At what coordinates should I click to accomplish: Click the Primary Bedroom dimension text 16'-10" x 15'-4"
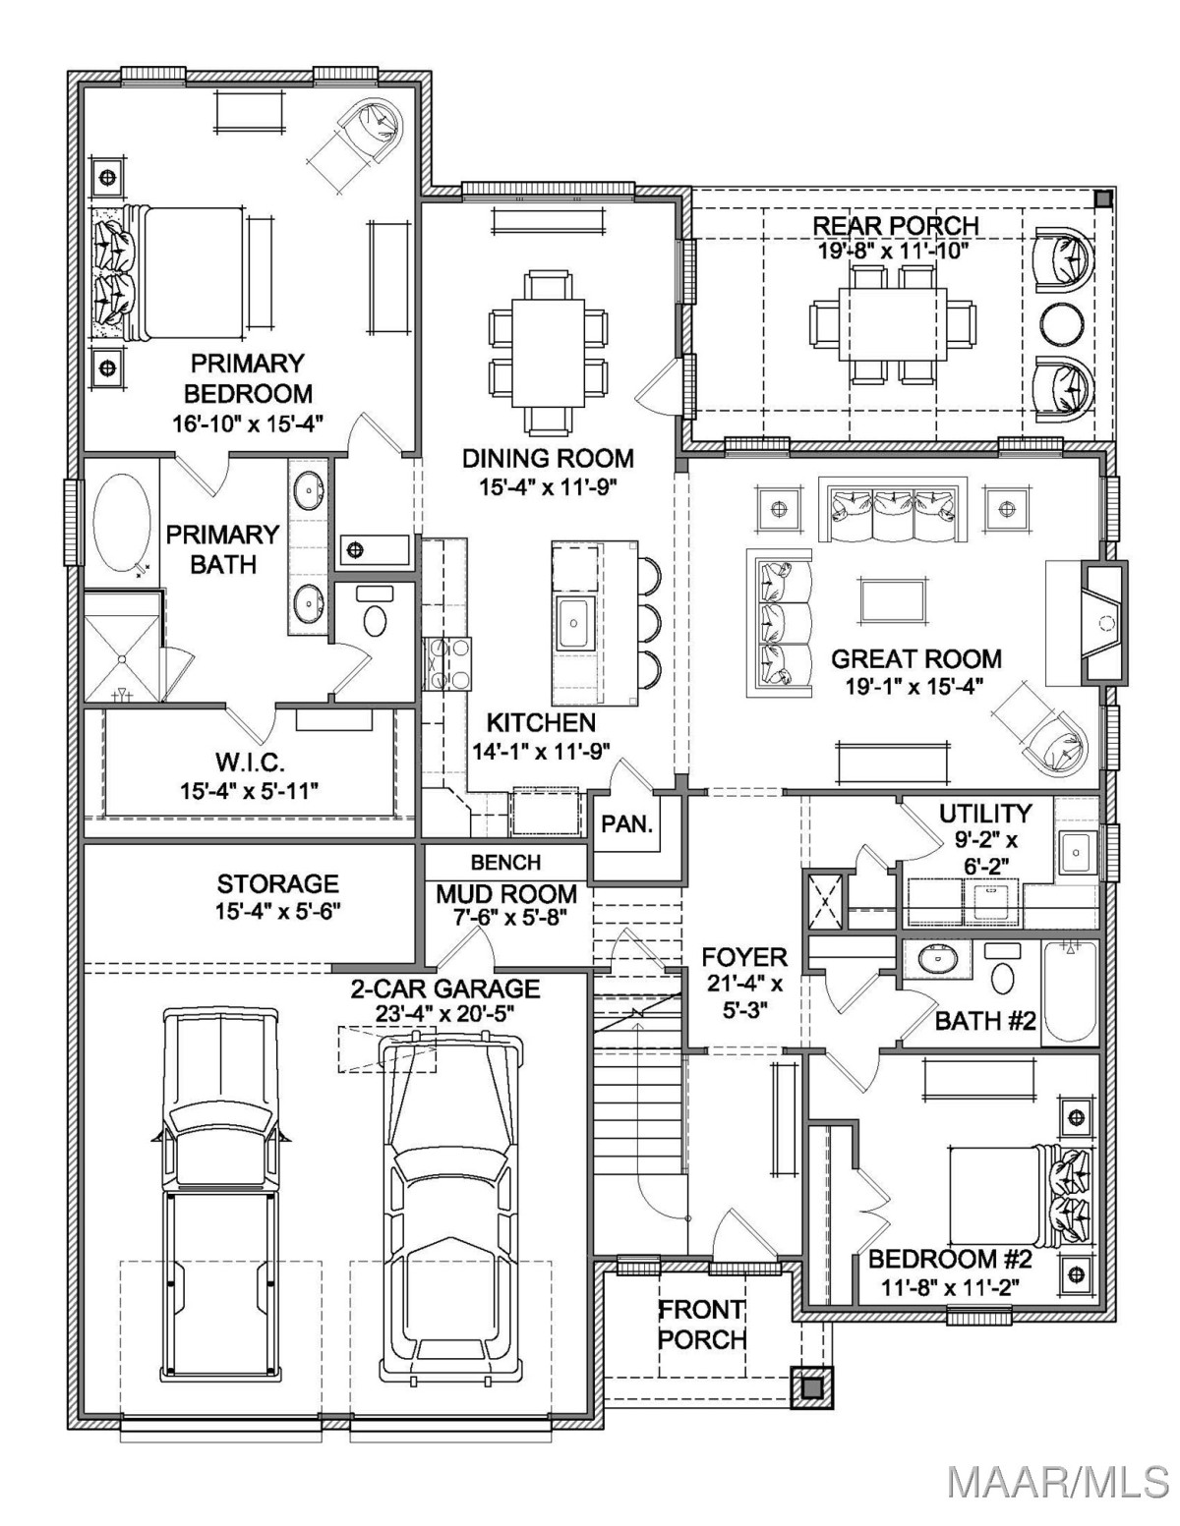(x=248, y=424)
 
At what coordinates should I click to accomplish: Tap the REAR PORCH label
(x=896, y=225)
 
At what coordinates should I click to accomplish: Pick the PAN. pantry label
(x=627, y=823)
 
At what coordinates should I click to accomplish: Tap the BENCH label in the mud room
(x=506, y=862)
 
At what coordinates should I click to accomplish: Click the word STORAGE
(x=277, y=882)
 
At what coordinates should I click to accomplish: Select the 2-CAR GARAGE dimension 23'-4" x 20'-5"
(x=444, y=1013)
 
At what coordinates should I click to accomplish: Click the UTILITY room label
(x=985, y=814)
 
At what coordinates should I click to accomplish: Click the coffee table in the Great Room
(x=891, y=600)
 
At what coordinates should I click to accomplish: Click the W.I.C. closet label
(x=250, y=762)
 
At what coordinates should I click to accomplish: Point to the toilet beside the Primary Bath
(x=375, y=612)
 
